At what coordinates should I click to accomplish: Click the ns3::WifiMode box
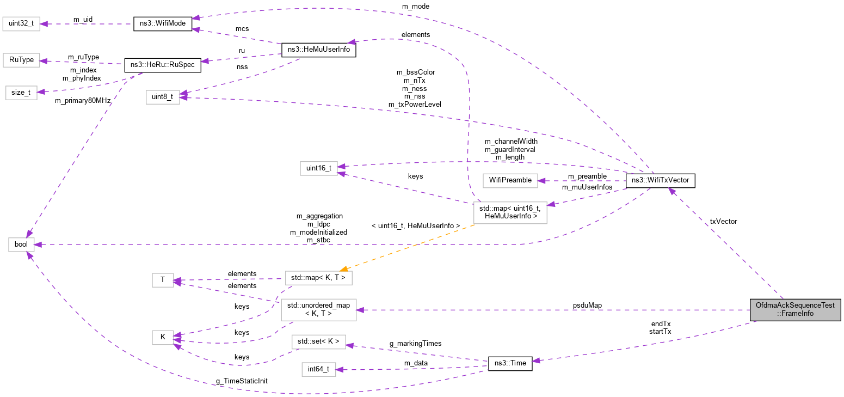[162, 25]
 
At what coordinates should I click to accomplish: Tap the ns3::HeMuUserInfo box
[318, 50]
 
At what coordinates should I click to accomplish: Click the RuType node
[21, 60]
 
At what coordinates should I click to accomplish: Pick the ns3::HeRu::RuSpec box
[163, 65]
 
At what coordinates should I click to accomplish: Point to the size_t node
[21, 93]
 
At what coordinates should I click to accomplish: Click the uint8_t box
[162, 97]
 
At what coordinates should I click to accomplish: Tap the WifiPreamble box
[510, 180]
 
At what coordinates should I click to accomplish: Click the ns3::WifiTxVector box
[661, 180]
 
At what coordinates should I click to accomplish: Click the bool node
[21, 245]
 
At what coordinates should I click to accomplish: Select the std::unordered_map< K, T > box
[318, 309]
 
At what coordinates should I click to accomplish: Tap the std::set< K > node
[318, 342]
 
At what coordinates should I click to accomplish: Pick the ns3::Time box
[510, 364]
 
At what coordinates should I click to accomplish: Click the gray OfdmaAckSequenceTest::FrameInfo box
[794, 309]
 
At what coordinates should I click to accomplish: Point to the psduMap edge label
[587, 306]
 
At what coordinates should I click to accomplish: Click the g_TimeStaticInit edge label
[242, 381]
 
